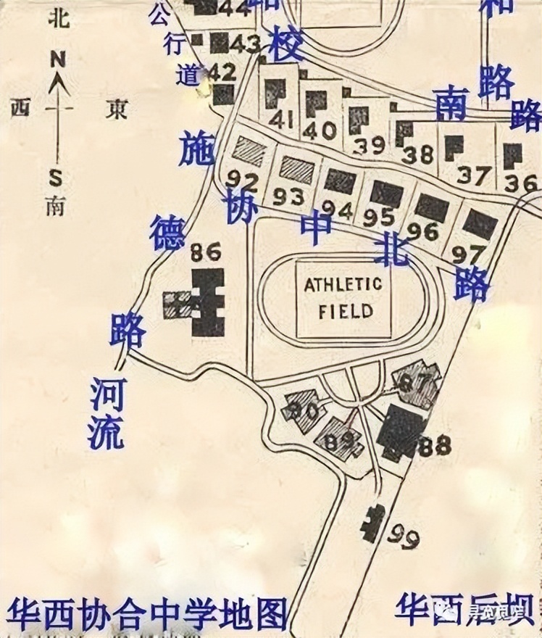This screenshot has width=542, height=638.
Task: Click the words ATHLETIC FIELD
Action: click(343, 297)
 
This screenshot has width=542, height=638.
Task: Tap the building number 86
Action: click(204, 252)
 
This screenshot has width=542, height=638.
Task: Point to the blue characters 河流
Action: click(106, 413)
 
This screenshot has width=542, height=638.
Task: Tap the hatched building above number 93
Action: click(297, 168)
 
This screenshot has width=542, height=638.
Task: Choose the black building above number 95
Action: click(386, 193)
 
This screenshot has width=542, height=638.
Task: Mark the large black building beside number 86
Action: click(209, 302)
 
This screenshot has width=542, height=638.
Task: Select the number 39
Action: click(370, 144)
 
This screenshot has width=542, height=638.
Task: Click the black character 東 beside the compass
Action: click(115, 108)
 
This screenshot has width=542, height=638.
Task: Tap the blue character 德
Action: click(167, 232)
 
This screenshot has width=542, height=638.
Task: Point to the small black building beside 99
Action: click(375, 521)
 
